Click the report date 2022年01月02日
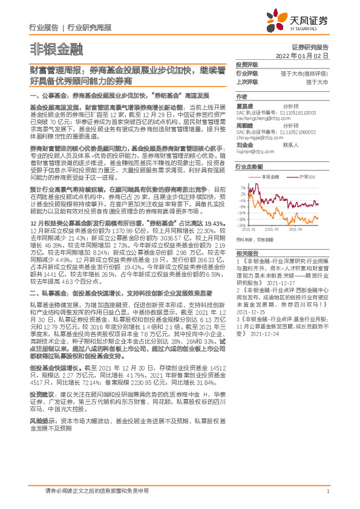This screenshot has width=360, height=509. coord(309,55)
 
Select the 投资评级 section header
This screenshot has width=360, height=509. coord(247,63)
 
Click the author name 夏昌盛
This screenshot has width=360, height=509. coord(244,105)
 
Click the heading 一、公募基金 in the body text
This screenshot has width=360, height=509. coord(47,96)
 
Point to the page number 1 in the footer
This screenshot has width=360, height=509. coord(327,491)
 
